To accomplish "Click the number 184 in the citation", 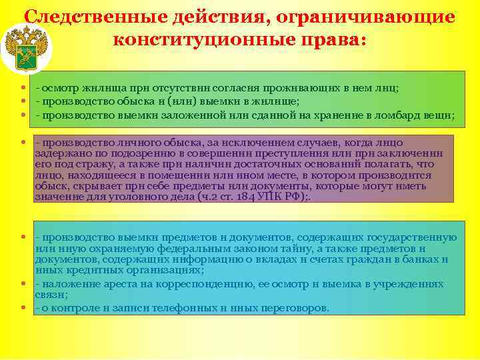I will pos(250,196).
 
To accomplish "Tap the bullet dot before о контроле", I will pos(23,309).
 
